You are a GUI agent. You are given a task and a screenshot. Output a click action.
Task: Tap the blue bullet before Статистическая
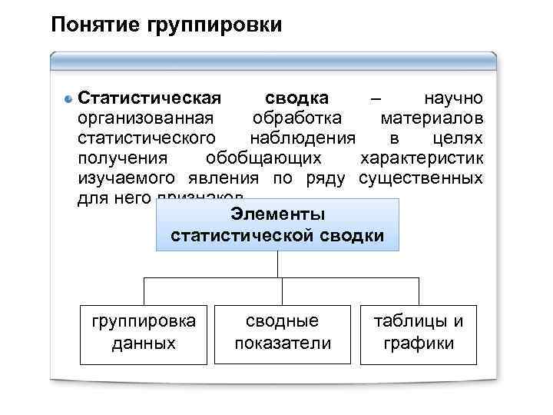click(x=68, y=100)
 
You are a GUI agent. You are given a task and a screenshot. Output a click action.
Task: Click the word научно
click(x=452, y=99)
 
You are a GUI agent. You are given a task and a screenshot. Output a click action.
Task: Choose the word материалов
click(x=432, y=119)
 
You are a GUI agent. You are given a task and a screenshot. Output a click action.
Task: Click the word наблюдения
click(x=303, y=139)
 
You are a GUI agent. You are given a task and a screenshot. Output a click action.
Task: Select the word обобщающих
click(x=263, y=159)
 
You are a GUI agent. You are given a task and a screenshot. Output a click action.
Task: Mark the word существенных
click(x=421, y=179)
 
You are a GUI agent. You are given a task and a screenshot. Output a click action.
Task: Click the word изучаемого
click(x=127, y=179)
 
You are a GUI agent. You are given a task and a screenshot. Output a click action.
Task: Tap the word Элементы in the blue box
click(x=277, y=214)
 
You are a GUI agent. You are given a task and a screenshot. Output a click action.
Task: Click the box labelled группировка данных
click(x=143, y=332)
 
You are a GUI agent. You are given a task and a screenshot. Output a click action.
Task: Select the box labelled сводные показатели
click(x=283, y=332)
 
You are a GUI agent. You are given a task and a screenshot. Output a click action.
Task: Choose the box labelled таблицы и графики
click(x=419, y=332)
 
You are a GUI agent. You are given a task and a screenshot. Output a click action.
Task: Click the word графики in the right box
click(x=419, y=343)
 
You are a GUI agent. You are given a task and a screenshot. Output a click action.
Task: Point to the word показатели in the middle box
click(x=283, y=343)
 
